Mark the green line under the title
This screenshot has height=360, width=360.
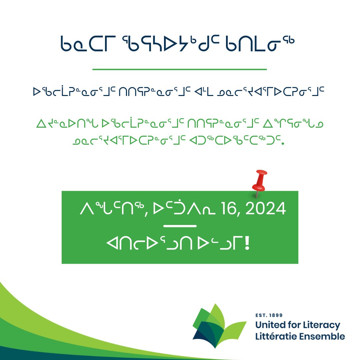(180, 70)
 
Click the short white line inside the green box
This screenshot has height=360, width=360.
(180, 226)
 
